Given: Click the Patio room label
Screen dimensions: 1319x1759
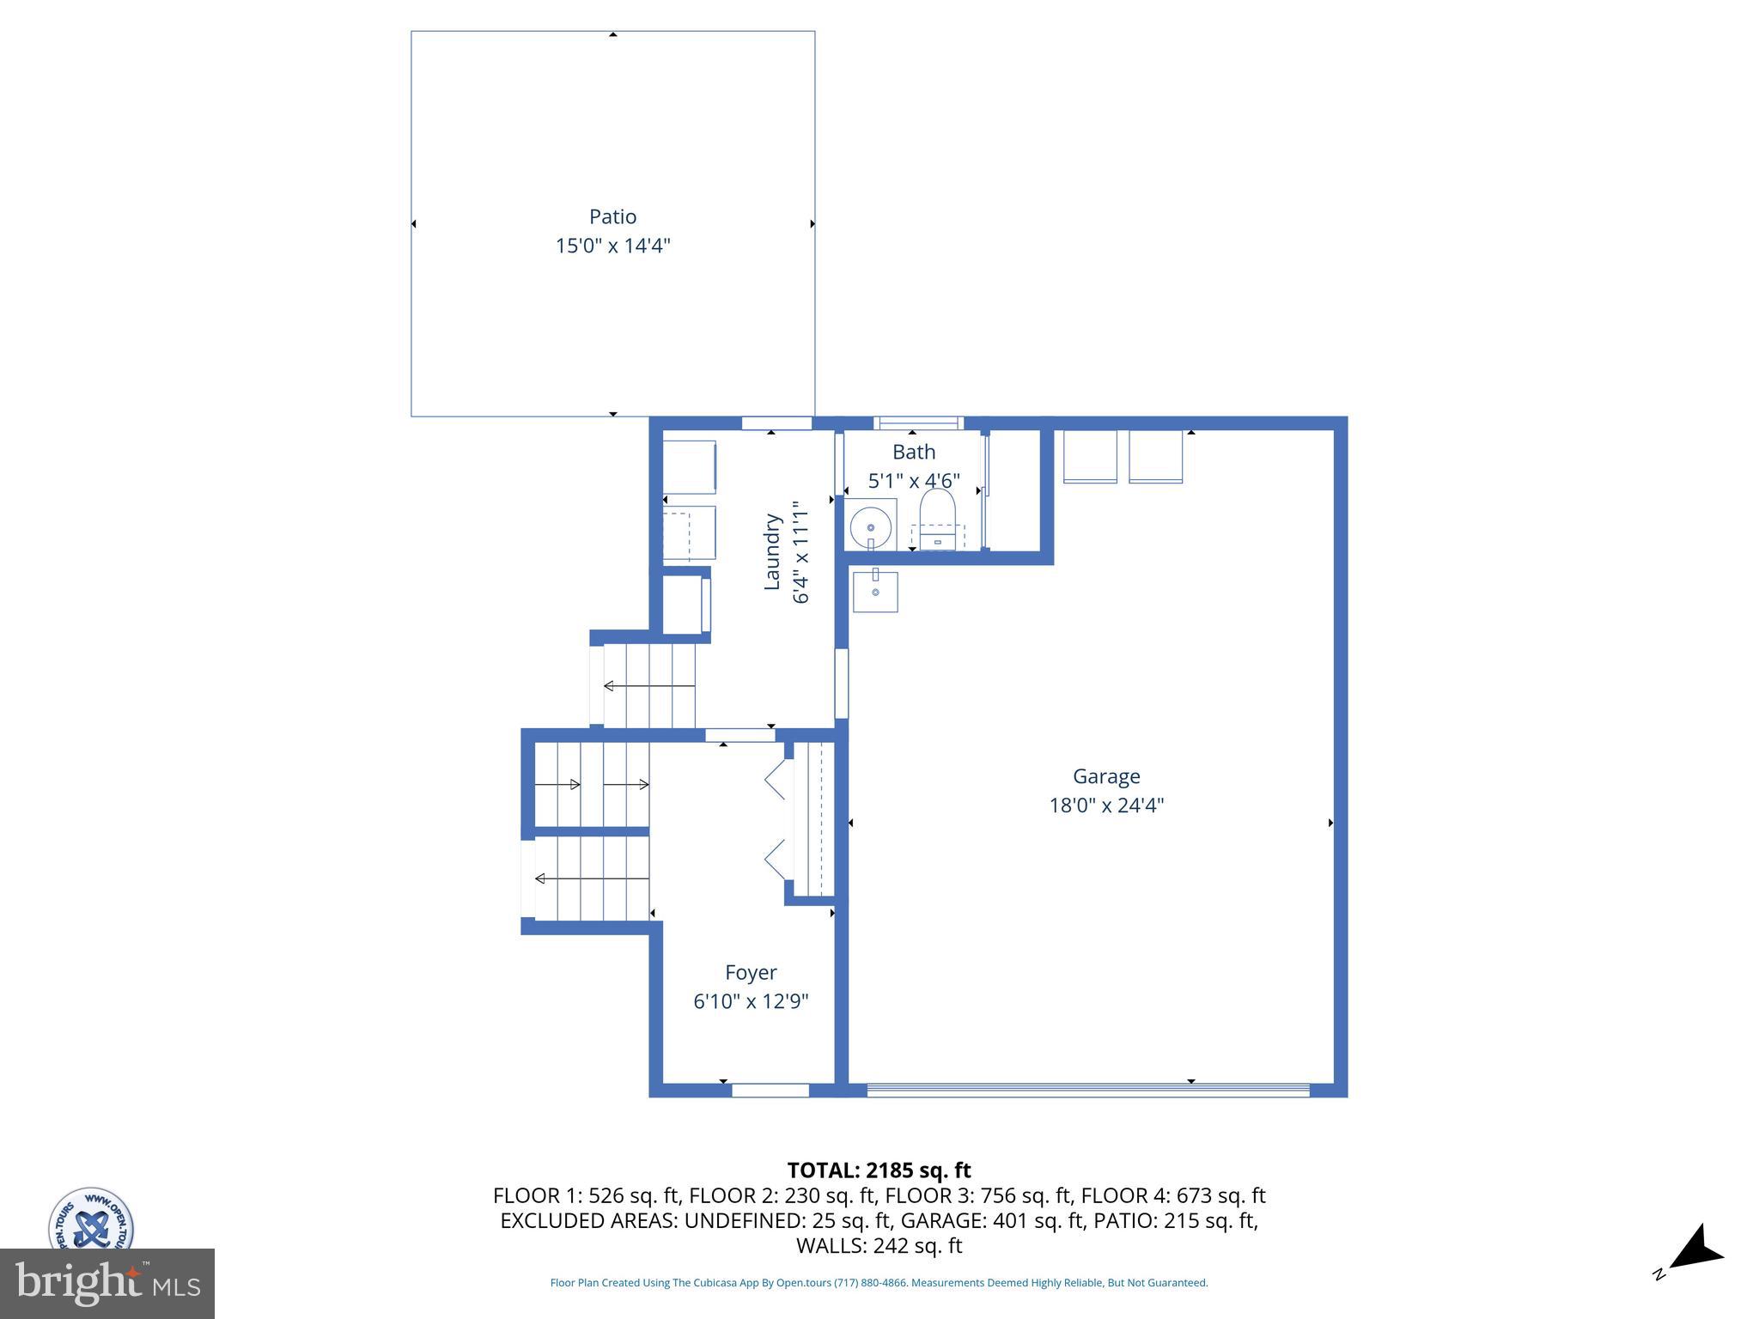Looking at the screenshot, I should click(x=612, y=216).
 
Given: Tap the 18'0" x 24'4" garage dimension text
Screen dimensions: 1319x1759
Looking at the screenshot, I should click(x=1106, y=805).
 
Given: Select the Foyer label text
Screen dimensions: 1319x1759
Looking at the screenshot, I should click(x=751, y=972).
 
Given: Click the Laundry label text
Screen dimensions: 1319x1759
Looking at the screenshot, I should click(x=772, y=552).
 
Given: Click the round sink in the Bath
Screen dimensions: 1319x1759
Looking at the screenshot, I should click(x=871, y=524).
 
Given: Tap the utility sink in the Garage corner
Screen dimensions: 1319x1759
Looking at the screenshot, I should click(x=875, y=591).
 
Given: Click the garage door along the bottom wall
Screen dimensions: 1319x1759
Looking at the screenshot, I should click(x=1087, y=1090).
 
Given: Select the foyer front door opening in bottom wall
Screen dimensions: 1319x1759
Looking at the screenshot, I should click(x=770, y=1090).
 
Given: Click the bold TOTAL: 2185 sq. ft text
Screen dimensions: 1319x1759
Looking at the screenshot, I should click(x=879, y=1170).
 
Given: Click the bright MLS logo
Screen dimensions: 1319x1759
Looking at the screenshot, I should click(x=107, y=1283).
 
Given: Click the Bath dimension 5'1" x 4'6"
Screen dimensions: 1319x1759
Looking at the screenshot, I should click(x=914, y=481).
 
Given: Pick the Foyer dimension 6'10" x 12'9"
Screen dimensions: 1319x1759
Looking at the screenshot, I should click(x=751, y=1001).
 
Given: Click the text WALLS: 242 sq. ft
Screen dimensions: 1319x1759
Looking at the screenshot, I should click(x=879, y=1246).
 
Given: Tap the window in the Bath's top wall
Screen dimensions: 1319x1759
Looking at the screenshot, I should click(x=918, y=422).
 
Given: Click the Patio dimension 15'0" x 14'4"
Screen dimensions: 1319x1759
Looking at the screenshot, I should click(x=612, y=246).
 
